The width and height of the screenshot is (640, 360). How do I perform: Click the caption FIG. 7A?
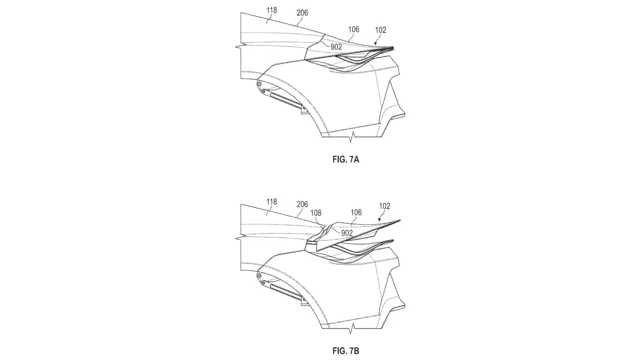pos(345,159)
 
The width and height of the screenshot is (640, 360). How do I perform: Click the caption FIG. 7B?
pos(345,351)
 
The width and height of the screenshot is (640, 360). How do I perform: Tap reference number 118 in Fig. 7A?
pos(271,10)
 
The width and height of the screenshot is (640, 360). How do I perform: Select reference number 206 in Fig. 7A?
pos(302,13)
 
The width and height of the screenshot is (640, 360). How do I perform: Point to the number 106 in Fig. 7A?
pos(353,29)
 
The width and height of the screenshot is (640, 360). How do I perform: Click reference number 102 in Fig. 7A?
pos(380,30)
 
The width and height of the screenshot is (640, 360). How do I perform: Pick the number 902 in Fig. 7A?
pos(336,47)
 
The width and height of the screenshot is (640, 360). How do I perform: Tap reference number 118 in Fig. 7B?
pos(271,202)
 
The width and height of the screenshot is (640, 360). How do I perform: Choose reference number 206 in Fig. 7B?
pos(302,204)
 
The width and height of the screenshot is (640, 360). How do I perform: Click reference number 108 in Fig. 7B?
pos(315,213)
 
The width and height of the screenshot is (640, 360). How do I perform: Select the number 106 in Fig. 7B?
pos(356,212)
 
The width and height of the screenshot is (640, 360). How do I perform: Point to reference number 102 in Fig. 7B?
pos(384,206)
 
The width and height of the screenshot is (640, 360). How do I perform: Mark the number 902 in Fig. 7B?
pos(347,233)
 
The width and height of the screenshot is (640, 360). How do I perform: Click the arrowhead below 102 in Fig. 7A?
pos(375,43)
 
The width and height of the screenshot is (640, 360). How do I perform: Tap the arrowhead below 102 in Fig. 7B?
pos(379,219)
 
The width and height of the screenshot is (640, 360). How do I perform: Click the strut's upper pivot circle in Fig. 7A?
pos(259,84)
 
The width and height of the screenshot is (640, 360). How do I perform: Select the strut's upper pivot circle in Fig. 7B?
pos(259,275)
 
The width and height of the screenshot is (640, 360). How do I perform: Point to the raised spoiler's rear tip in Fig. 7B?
pos(400,220)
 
